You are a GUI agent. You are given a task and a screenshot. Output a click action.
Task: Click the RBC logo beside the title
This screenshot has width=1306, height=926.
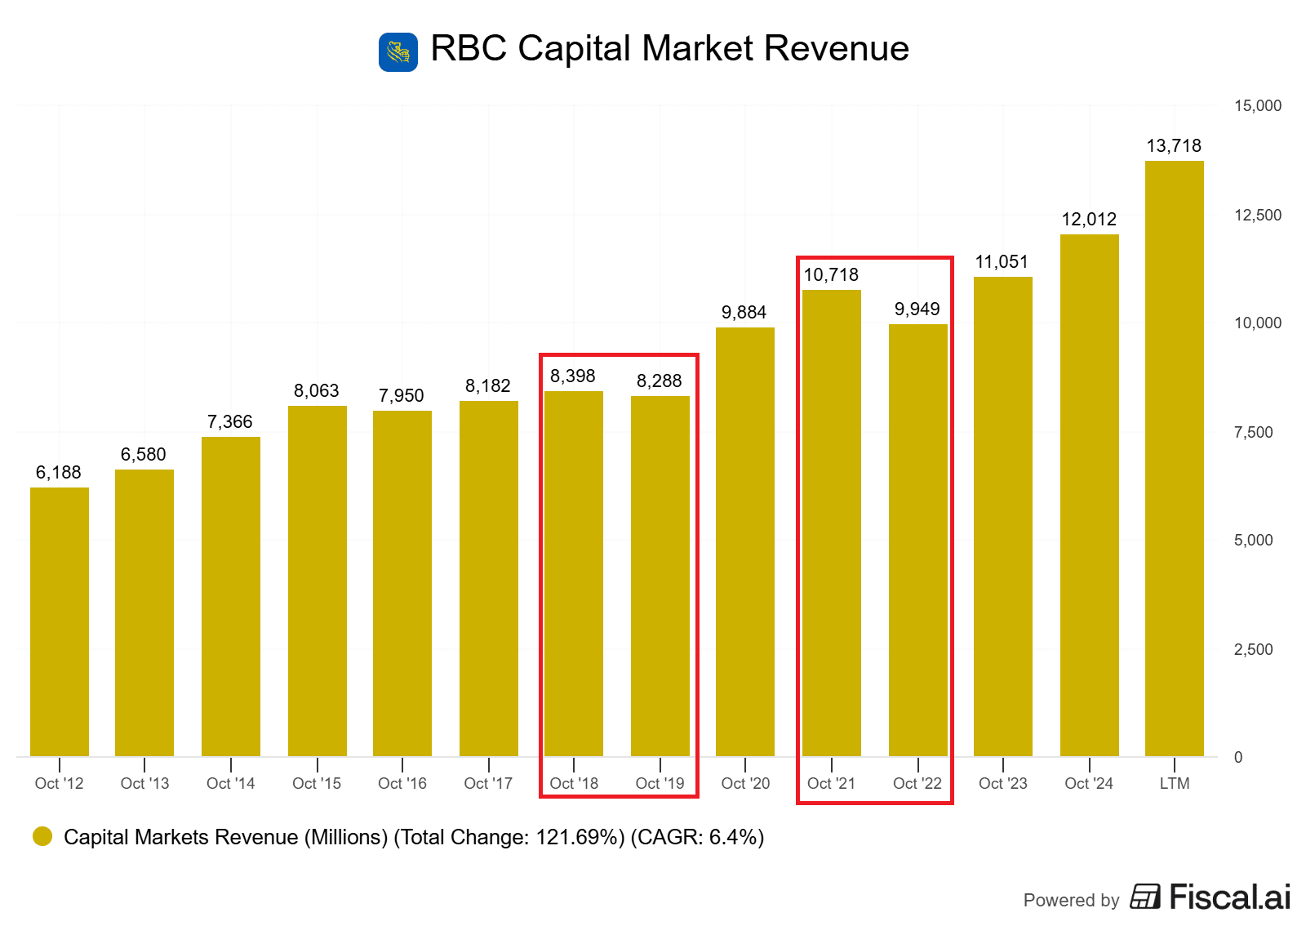[x=398, y=52]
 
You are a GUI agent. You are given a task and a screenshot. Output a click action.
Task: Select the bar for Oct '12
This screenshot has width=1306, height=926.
[x=60, y=621]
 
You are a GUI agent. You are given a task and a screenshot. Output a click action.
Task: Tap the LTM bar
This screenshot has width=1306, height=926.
[x=1174, y=457]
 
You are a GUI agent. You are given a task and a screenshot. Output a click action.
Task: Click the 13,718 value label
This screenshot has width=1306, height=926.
[x=1174, y=146]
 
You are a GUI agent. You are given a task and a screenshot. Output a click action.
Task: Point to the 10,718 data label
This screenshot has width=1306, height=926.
[x=831, y=275]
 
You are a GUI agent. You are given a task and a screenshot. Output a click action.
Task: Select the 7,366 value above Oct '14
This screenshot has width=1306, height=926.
[x=230, y=422]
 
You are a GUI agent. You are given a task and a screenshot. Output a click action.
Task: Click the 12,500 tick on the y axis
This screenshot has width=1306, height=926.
[x=1257, y=215]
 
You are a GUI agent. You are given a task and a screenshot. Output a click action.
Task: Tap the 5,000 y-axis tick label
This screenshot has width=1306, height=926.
[x=1253, y=540]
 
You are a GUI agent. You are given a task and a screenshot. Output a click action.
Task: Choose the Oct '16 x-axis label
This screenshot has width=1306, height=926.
[x=402, y=784]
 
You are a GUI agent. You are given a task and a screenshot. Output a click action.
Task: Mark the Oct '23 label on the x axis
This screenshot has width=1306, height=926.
[x=1003, y=784]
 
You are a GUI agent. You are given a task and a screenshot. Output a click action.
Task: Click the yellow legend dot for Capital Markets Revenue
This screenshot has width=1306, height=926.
[x=42, y=836]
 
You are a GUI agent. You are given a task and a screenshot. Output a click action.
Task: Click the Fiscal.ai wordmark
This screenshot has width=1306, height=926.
[x=1229, y=897]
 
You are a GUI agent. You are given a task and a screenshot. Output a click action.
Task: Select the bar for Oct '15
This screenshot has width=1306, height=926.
[x=318, y=580]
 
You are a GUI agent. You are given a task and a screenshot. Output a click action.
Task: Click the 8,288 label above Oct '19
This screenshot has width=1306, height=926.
[x=660, y=381]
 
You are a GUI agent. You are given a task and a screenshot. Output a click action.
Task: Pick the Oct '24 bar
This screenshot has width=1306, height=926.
[x=1089, y=495]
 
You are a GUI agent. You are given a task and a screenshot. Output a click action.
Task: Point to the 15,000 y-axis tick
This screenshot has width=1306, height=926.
[x=1257, y=105]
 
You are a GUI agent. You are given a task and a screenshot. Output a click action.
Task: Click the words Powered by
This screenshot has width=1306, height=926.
[x=1071, y=900]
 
